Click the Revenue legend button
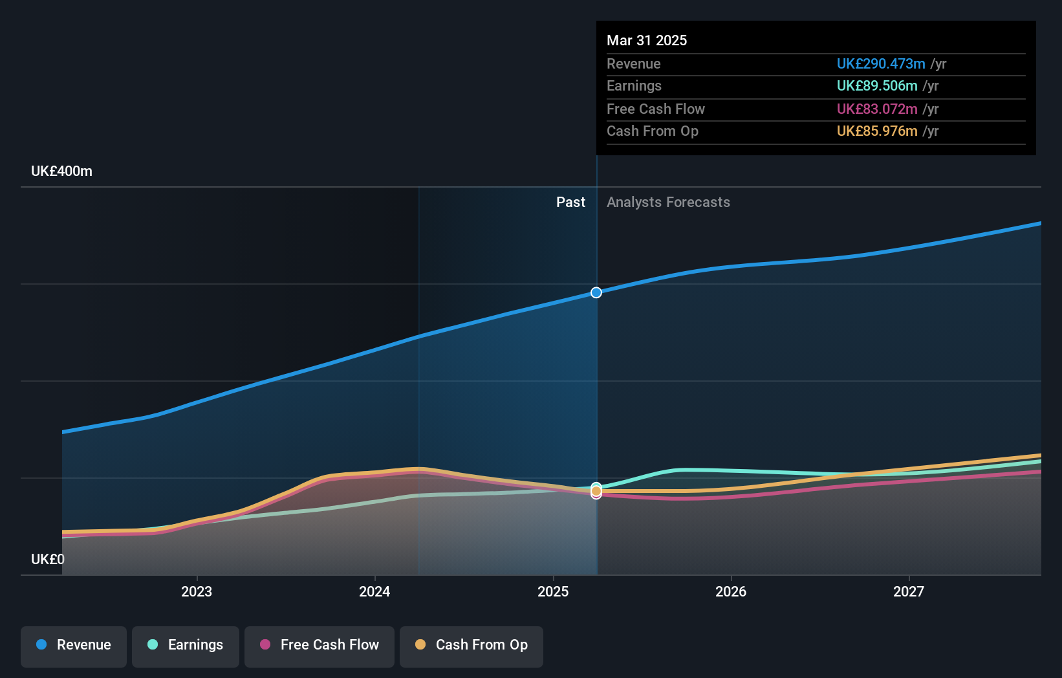(74, 645)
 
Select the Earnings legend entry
(186, 645)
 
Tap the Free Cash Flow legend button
(320, 645)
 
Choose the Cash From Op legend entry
(471, 645)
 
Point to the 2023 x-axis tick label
(197, 591)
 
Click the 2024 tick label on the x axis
(374, 591)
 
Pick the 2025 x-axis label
(553, 591)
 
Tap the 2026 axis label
(731, 591)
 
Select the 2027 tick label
(909, 591)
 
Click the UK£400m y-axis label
(61, 171)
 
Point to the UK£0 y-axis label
(48, 559)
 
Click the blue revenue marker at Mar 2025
(596, 292)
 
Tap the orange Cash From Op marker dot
(596, 492)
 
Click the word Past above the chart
(570, 202)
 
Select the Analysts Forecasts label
(668, 202)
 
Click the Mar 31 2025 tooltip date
(647, 40)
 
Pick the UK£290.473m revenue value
(881, 63)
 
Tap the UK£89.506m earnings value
(877, 86)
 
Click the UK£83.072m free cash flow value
(877, 109)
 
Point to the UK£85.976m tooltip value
(877, 131)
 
